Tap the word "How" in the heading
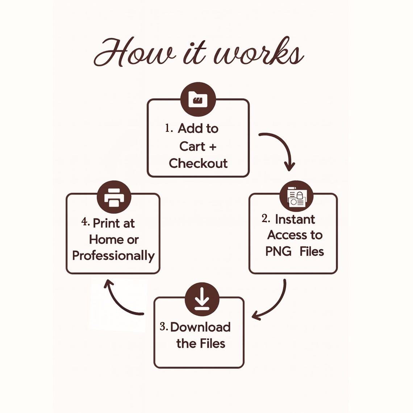pos(134,52)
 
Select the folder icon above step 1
pos(198,99)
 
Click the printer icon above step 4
pos(114,197)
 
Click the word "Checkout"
pos(198,163)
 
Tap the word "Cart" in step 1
pos(192,146)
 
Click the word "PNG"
pos(278,251)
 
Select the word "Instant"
pos(295,220)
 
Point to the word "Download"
pos(200,327)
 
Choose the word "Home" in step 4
pos(103,240)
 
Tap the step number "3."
pos(163,327)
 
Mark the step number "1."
pos(169,128)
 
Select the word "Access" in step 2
pos(287,235)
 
